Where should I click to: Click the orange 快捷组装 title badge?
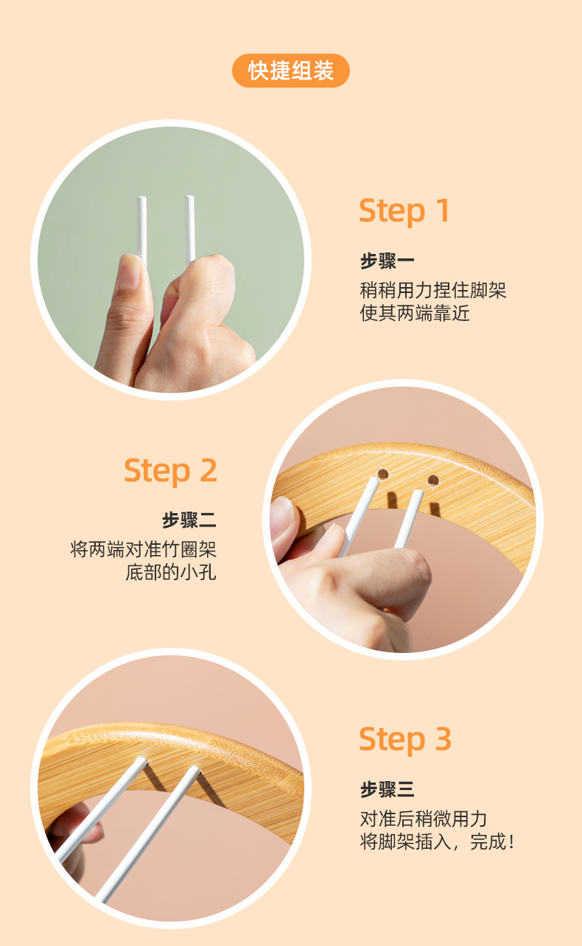(x=291, y=71)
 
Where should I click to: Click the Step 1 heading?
(x=404, y=211)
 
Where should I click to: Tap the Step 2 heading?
(x=170, y=470)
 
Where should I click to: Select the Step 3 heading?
(x=405, y=740)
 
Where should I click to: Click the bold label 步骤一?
(x=388, y=261)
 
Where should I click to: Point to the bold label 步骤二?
(x=189, y=520)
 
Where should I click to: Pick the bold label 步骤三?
(x=388, y=790)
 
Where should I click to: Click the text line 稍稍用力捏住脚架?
(x=433, y=289)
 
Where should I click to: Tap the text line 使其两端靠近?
(x=415, y=313)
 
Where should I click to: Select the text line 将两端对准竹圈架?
(x=144, y=549)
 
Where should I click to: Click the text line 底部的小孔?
(x=171, y=573)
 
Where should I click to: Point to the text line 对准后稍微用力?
(x=424, y=818)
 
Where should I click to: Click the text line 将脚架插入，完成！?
(x=436, y=841)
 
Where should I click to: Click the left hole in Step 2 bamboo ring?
(x=383, y=473)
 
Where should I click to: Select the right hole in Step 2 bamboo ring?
(x=433, y=481)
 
